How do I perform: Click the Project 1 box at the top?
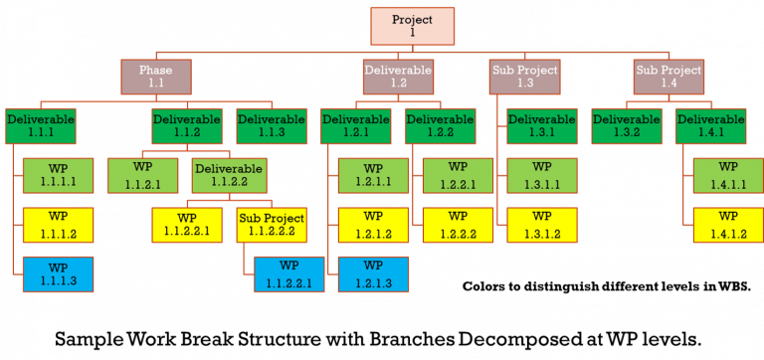412,26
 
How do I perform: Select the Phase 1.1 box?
155,77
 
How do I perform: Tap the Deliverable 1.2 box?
398,77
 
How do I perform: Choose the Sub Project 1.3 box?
525,77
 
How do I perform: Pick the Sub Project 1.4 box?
668,77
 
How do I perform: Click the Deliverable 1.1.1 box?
40,125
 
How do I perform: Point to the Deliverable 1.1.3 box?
271,125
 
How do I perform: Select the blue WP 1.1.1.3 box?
58,274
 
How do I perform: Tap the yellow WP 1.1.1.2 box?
58,225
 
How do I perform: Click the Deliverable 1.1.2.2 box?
229,175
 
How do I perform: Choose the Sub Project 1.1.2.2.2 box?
271,225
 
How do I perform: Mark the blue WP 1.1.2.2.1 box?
288,274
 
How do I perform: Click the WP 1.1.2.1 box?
142,175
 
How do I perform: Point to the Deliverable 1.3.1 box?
542,125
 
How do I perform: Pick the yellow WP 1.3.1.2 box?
542,225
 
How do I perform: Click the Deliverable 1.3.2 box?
627,125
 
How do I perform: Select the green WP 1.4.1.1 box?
727,175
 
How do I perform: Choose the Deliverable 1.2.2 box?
441,125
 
